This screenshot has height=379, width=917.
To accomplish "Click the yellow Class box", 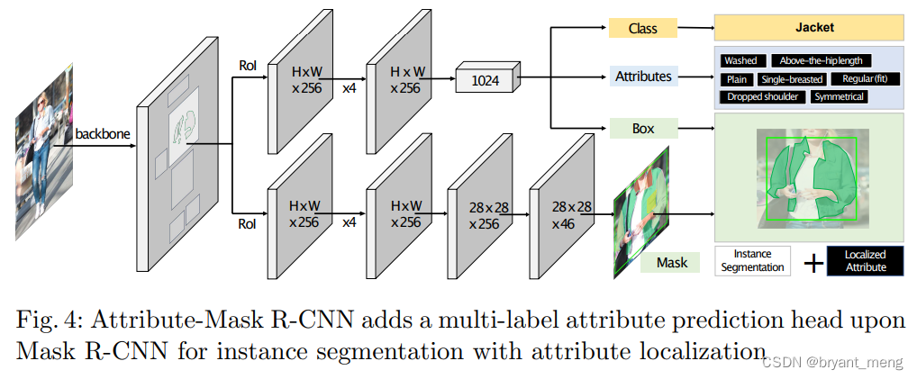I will coord(643,28).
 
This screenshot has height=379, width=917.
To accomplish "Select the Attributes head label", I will coord(643,77).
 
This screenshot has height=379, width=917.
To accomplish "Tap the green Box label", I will coord(643,129).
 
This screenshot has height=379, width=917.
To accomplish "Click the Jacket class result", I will coord(809,28).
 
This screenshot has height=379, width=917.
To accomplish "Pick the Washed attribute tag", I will coord(742,60).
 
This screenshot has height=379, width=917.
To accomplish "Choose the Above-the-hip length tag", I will coord(821,60).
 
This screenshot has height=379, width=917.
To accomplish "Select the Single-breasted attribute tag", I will coord(791,79).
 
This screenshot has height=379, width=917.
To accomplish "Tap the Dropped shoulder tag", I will coord(762,96).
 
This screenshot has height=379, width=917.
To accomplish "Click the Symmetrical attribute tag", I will coord(839,96).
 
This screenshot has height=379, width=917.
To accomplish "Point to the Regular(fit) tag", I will coord(864,79).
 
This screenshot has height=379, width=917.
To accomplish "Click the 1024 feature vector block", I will coord(486,80).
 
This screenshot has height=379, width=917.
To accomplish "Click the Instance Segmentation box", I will coord(753,261).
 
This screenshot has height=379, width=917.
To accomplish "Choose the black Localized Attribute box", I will coord(865,261).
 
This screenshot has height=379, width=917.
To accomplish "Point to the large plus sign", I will coord(813,262).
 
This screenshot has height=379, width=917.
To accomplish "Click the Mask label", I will coord(671,262).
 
